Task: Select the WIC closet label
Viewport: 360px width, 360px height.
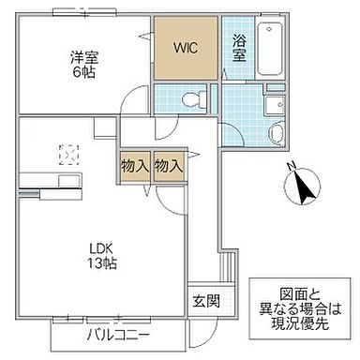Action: click(x=185, y=46)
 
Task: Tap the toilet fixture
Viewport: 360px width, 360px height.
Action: click(x=192, y=97)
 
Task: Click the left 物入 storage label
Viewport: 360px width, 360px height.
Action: click(x=134, y=166)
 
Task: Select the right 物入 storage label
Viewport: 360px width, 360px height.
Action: click(x=168, y=166)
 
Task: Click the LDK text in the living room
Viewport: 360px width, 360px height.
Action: click(x=101, y=248)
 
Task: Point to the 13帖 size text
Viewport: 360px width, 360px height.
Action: click(x=101, y=264)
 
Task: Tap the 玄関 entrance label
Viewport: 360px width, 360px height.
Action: click(x=206, y=302)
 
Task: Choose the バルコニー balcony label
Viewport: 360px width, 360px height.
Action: click(x=119, y=335)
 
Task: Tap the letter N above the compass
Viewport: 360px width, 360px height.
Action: click(x=292, y=166)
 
